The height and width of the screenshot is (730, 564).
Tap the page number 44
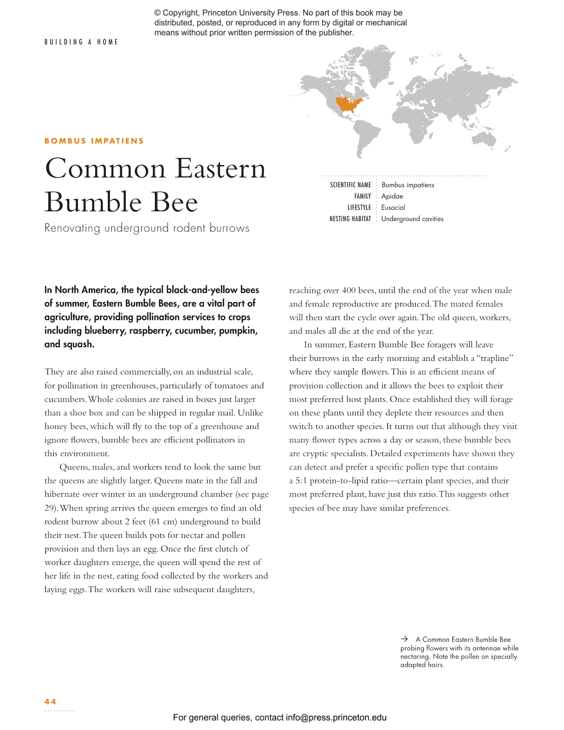point(50,701)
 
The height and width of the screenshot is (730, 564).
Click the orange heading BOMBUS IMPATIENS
point(94,141)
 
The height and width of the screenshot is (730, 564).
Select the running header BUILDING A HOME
point(81,42)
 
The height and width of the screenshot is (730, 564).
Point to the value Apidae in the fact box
point(392,196)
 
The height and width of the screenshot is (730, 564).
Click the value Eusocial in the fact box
point(393,207)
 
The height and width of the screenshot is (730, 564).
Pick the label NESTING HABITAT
point(350,219)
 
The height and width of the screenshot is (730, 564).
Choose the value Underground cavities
point(412,219)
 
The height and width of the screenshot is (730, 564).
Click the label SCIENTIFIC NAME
point(350,185)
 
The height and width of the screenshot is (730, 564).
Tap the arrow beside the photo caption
point(404,639)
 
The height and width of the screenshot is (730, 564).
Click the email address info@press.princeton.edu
point(336,717)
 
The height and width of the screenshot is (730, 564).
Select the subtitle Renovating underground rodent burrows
point(147,228)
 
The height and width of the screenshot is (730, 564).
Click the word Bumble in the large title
point(93,202)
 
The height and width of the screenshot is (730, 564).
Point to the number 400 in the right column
point(349,291)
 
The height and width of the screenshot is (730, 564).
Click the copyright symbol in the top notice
point(158,13)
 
